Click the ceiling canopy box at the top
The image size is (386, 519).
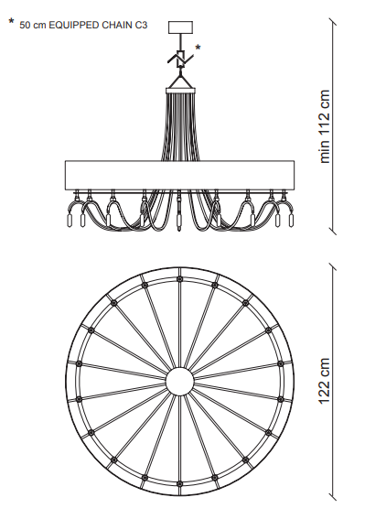click(x=180, y=27)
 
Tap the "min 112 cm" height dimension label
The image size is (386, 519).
click(x=325, y=126)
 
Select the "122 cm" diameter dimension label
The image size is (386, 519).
click(x=325, y=381)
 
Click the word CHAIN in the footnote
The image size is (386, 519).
click(x=117, y=25)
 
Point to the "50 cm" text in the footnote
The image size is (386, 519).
click(x=32, y=25)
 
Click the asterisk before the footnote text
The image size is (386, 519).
click(x=12, y=22)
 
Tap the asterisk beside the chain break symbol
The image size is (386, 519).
click(x=198, y=48)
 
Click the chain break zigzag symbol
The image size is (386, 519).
click(x=180, y=59)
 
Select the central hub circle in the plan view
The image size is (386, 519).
click(x=179, y=382)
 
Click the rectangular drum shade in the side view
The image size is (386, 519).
click(x=179, y=176)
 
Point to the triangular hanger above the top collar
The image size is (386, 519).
click(x=180, y=81)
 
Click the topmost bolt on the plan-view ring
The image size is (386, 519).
click(x=179, y=279)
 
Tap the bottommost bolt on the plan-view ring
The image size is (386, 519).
click(x=179, y=484)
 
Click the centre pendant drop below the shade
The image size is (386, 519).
click(x=179, y=211)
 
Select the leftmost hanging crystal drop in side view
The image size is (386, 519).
click(x=70, y=221)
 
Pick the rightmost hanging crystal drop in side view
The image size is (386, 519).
click(x=291, y=221)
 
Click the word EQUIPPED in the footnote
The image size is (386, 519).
click(x=74, y=25)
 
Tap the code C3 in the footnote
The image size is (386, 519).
click(x=141, y=25)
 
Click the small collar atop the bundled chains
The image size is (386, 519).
click(x=180, y=91)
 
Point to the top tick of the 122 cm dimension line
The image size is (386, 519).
click(x=332, y=266)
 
